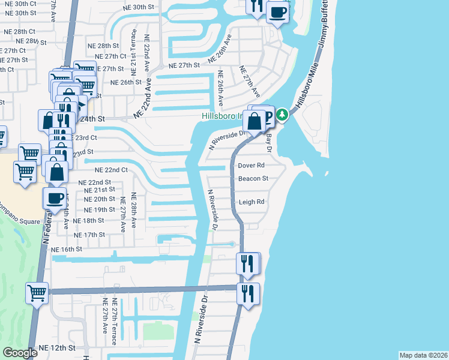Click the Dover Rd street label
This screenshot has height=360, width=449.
coord(251,165)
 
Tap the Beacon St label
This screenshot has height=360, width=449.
coord(253,178)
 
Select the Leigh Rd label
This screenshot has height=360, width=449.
coord(252,202)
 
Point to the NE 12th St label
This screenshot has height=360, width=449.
coord(57,348)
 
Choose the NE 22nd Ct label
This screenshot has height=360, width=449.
coord(112,170)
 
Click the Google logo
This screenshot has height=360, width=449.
coord(20,353)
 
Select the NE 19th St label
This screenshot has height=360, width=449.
coord(99,209)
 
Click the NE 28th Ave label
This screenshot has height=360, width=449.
coord(133,210)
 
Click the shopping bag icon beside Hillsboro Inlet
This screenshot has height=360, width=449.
coord(255,121)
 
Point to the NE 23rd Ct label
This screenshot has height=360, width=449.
coord(85,137)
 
